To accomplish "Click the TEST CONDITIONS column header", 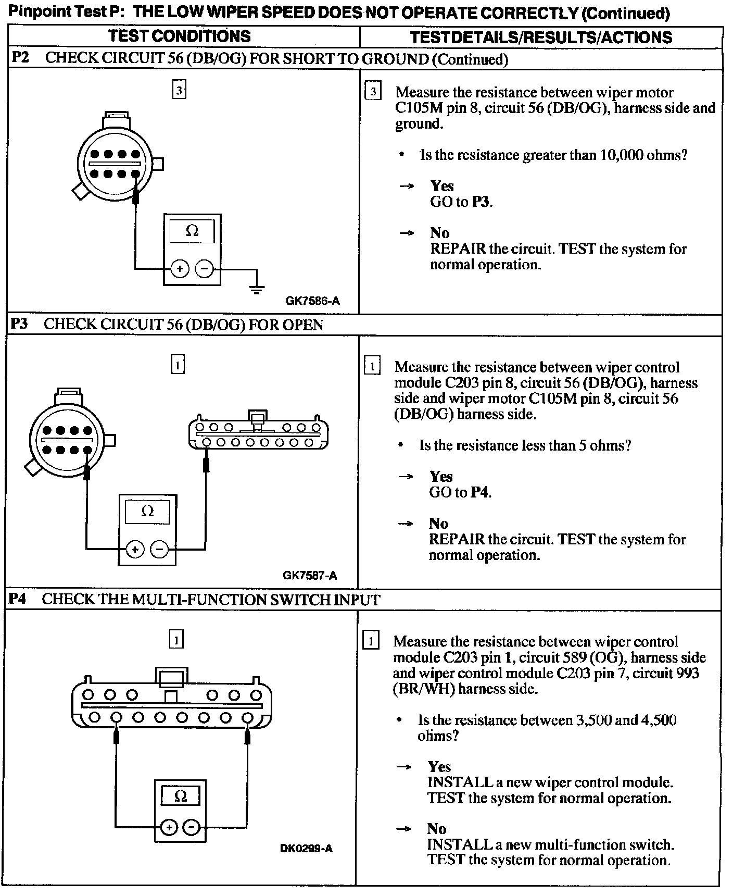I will point(179,36).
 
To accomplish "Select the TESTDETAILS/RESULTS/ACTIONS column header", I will point(541,38).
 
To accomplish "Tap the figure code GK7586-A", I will point(312,301).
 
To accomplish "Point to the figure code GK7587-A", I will point(310,576).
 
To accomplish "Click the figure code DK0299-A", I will point(306,849).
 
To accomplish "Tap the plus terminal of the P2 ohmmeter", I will point(180,269).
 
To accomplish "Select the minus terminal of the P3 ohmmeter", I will point(159,549).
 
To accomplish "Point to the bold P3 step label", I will point(19,324).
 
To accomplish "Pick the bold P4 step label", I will point(17,599).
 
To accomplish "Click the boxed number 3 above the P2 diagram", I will point(179,91).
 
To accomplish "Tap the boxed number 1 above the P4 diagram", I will point(176,639).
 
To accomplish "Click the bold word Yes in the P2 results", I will point(441,186).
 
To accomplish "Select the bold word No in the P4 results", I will point(437,829).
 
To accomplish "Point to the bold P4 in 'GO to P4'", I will point(479,492).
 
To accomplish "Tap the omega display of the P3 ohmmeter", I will point(148,512).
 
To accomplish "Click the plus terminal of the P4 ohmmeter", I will point(168,827).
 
